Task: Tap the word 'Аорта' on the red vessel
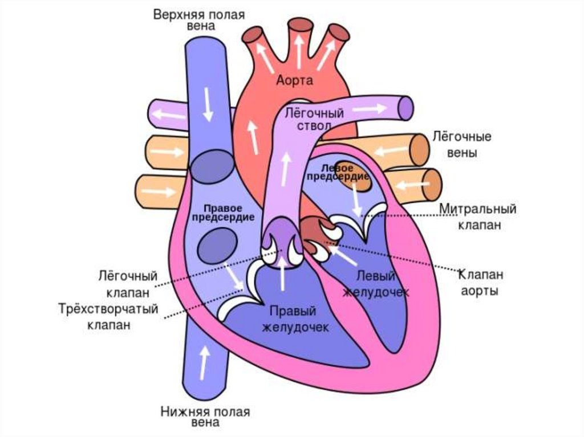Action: (x=294, y=81)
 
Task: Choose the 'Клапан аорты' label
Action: (x=481, y=283)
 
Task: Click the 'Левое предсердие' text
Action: (x=337, y=173)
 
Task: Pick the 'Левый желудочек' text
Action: (x=376, y=283)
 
